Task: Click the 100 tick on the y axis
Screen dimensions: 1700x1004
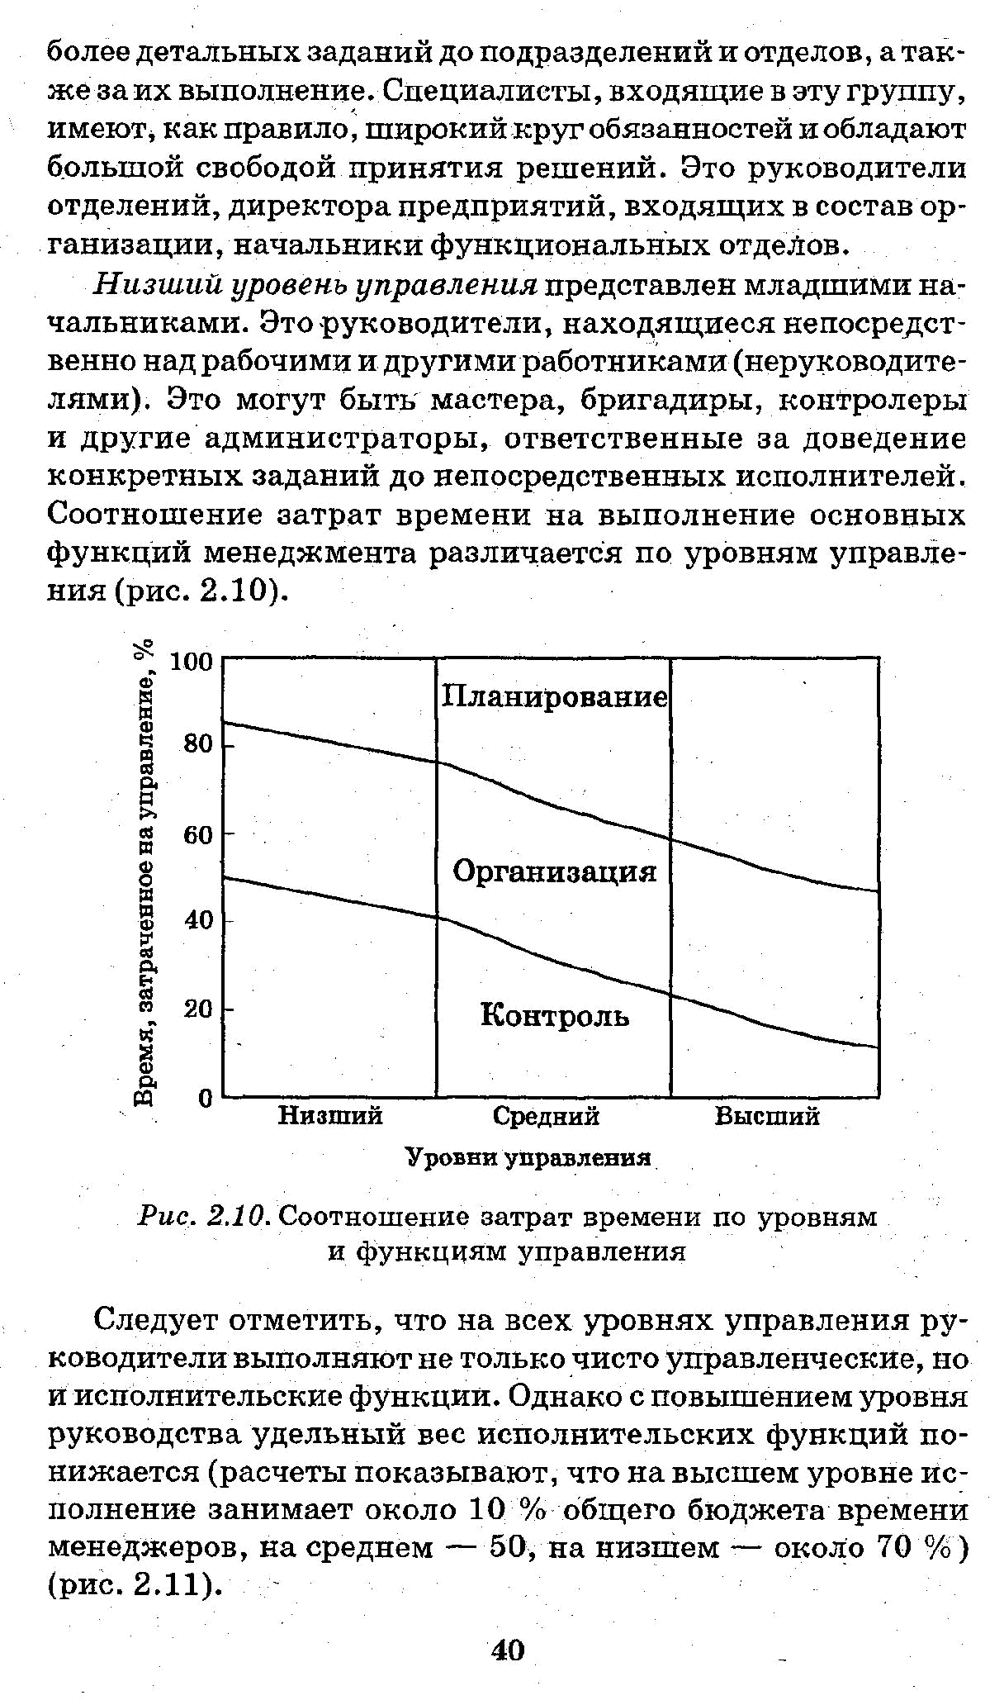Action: [x=191, y=662]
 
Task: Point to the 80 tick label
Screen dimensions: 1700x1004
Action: [x=198, y=744]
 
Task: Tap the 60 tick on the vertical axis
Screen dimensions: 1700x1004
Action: [x=198, y=834]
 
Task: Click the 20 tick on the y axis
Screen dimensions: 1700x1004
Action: [x=198, y=1009]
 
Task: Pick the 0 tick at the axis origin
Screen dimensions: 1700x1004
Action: [x=206, y=1098]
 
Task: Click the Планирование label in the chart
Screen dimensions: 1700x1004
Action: [x=554, y=696]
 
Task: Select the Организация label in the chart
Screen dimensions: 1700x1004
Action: [x=554, y=871]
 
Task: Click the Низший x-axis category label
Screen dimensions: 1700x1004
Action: [x=330, y=1116]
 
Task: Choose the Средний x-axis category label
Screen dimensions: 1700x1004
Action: [x=546, y=1116]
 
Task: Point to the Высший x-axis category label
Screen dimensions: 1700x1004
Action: [x=767, y=1116]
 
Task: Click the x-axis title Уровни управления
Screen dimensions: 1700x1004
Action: [x=529, y=1157]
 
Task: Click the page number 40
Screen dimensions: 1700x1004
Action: [x=508, y=1650]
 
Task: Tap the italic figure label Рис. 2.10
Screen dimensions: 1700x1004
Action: [x=203, y=1216]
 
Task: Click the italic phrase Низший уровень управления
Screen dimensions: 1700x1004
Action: [x=315, y=285]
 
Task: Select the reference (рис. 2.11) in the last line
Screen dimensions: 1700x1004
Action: [x=135, y=1585]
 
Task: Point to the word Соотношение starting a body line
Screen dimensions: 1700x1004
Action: [x=155, y=515]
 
